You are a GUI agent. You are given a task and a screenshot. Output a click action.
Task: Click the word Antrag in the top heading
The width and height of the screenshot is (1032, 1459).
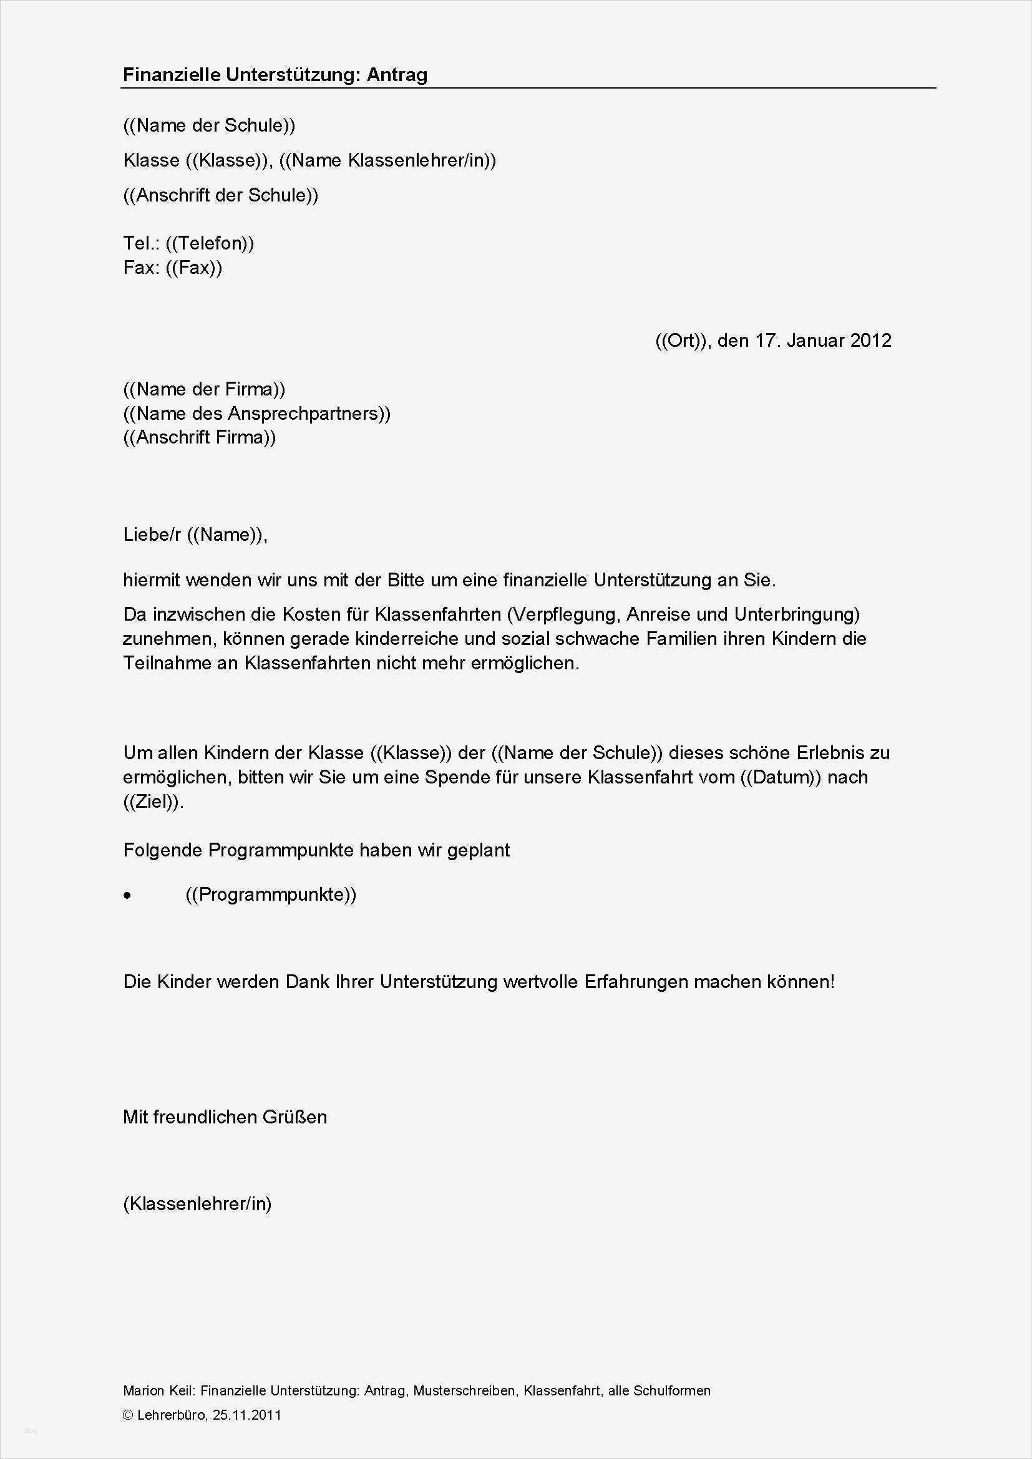point(397,75)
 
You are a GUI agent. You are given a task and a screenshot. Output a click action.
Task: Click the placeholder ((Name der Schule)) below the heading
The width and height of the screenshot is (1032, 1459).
point(209,125)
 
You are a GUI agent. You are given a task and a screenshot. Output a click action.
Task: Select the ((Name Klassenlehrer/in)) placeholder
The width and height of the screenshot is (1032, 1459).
point(387,160)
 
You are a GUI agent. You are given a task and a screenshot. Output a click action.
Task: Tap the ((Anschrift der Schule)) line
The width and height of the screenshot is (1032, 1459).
point(220,195)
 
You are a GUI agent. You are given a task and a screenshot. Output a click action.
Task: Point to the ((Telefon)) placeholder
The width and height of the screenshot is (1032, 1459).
point(210,243)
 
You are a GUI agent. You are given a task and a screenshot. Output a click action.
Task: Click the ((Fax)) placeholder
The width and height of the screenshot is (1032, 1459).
point(194,268)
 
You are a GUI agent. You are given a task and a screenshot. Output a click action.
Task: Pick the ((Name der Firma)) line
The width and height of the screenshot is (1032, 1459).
point(204,389)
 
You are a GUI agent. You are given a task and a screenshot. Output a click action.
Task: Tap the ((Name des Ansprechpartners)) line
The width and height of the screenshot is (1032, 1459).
point(256,414)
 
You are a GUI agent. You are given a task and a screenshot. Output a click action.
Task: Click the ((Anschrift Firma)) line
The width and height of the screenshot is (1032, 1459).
point(200,437)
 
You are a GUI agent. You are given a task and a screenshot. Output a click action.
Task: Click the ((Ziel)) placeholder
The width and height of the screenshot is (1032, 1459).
point(153,802)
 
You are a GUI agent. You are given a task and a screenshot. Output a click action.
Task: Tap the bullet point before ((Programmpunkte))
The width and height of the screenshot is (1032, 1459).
point(128,896)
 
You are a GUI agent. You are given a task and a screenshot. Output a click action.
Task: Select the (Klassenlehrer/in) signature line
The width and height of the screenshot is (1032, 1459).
point(197,1203)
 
